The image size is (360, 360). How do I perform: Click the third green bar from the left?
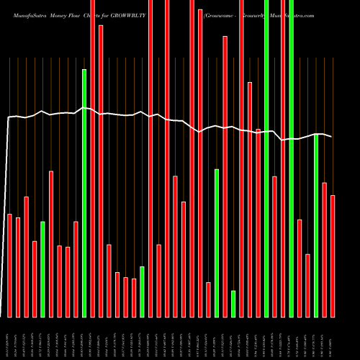coord(142,292)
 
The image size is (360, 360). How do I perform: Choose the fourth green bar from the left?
coord(217,243)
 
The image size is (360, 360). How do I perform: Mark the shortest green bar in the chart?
coord(233,303)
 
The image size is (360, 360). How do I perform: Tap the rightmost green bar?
coord(316,225)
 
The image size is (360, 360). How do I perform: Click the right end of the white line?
coord(332,137)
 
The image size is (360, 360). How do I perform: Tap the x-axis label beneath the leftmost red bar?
coord(9,338)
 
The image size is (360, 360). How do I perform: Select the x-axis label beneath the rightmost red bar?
coord(333,338)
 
